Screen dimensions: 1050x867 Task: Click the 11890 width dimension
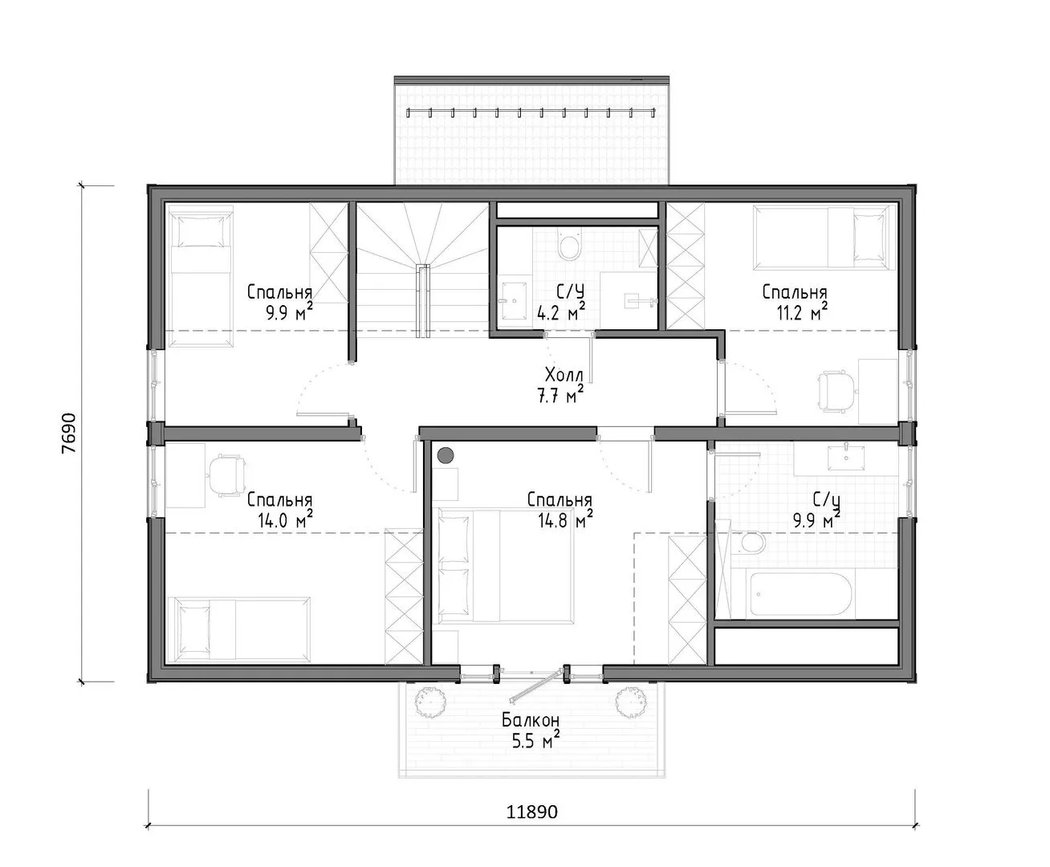(531, 812)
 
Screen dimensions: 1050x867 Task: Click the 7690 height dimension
(69, 433)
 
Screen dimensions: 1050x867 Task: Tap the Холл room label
(564, 375)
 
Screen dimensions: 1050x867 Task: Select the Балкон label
(531, 721)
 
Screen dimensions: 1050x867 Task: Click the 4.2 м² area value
(560, 313)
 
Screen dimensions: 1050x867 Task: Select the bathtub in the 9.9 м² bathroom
(801, 594)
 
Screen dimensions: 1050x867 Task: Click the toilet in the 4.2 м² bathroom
(568, 246)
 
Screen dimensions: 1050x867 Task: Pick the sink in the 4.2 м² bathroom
(514, 301)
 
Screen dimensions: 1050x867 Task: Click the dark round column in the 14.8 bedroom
(446, 456)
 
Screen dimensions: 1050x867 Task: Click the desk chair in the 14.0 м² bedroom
(226, 475)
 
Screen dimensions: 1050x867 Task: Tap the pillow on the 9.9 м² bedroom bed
(201, 231)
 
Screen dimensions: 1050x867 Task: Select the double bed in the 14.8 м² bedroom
(506, 565)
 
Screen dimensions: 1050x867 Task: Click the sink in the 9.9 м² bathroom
(846, 457)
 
